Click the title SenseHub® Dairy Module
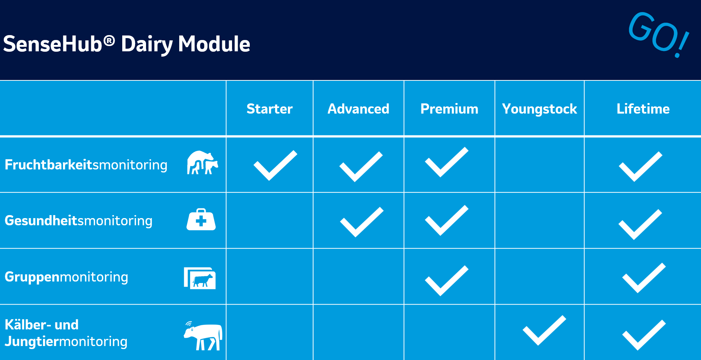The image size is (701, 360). click(127, 44)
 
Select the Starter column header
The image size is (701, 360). click(269, 109)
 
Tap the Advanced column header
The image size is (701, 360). click(358, 109)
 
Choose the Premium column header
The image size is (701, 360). click(449, 109)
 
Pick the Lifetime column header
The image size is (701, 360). click(643, 109)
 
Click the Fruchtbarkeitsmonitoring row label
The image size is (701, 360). click(86, 165)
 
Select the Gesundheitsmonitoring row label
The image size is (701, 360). click(78, 221)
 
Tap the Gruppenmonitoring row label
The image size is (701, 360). click(66, 277)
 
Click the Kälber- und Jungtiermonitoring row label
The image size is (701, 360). click(66, 333)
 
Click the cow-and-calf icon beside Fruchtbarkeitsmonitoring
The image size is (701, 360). click(203, 163)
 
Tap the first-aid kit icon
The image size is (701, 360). click(201, 219)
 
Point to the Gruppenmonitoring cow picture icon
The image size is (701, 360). click(200, 278)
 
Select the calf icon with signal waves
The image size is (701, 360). click(203, 335)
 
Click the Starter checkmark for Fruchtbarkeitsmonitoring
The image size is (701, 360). click(275, 165)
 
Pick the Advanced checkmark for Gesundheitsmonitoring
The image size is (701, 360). click(362, 222)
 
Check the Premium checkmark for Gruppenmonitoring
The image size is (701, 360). click(447, 281)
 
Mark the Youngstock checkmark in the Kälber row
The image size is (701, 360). click(544, 330)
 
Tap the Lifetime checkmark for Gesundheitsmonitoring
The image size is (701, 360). click(640, 225)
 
